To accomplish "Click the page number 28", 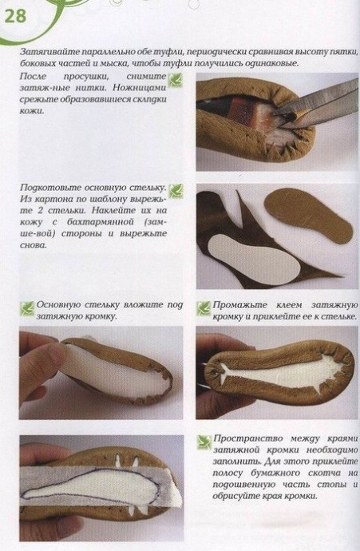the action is tap(15, 17).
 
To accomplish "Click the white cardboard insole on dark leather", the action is tap(253, 260).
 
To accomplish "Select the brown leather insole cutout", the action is tap(308, 215).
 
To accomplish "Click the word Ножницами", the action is tap(144, 88).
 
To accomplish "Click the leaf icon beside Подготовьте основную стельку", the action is tap(176, 191).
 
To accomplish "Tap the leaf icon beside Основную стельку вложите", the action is tap(27, 308).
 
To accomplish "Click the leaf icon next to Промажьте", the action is tap(204, 308).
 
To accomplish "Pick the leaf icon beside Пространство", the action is tap(204, 442).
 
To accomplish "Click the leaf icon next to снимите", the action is tap(176, 80).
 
